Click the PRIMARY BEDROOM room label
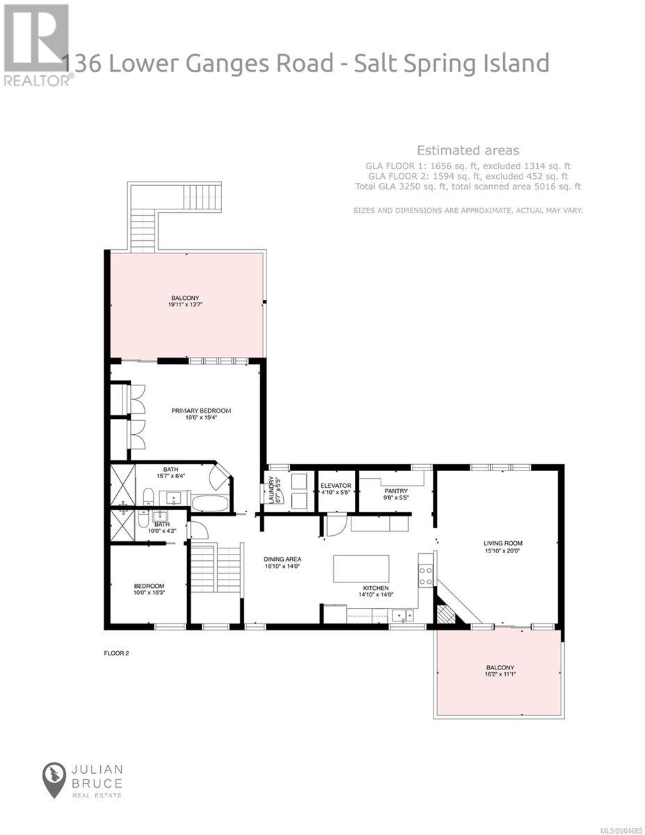tap(201, 411)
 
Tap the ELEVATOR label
tap(336, 486)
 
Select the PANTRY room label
tap(396, 491)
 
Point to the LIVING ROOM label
tap(503, 543)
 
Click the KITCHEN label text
tap(376, 588)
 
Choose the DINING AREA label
tap(282, 559)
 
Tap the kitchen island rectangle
tap(361, 569)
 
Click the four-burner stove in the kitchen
tap(426, 575)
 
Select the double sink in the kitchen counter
tap(403, 616)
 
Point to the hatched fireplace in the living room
tap(446, 614)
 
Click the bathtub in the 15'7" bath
tap(209, 502)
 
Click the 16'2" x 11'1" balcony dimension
tap(500, 674)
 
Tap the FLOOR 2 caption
tap(116, 653)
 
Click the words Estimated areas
tap(468, 150)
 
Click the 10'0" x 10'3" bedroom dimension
tap(149, 593)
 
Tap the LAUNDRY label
tap(271, 490)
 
